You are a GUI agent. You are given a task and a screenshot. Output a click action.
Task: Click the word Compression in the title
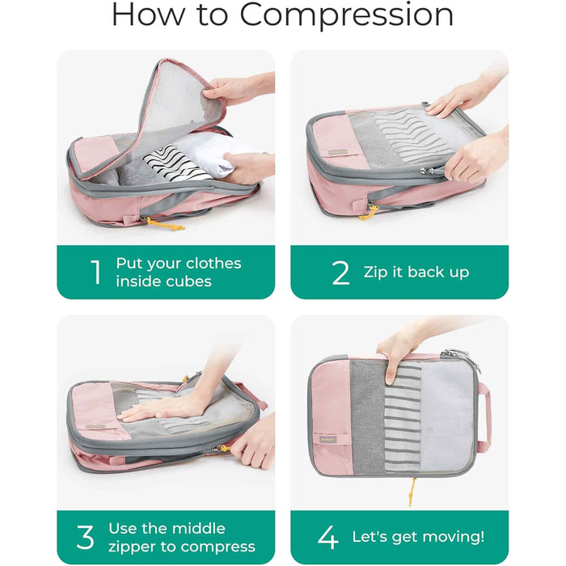(347, 16)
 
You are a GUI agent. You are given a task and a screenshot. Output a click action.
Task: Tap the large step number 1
(96, 272)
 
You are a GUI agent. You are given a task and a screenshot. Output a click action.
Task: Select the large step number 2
(340, 272)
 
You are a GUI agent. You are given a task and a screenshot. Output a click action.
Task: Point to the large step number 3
(86, 537)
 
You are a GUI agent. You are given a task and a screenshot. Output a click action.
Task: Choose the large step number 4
(328, 537)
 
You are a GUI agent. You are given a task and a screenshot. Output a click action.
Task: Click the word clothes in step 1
(213, 264)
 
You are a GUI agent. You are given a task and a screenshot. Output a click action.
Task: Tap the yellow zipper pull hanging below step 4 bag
(412, 492)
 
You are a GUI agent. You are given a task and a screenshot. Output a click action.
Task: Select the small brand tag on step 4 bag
(327, 440)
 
